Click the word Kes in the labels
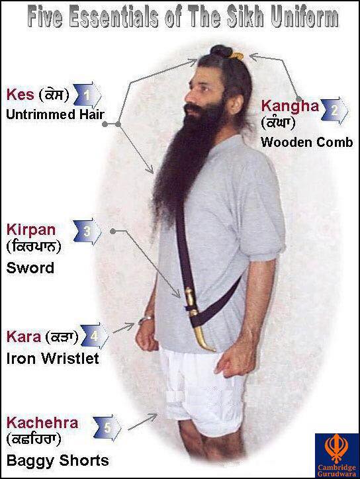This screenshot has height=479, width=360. point(20,95)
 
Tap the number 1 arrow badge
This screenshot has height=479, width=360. point(88,95)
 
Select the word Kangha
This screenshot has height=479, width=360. point(290,107)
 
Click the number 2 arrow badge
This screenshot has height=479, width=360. point(336,110)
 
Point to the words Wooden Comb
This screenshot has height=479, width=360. point(307,142)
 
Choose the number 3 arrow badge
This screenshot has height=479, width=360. point(87,232)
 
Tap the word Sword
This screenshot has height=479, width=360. point(30,268)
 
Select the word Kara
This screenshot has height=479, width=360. point(24,337)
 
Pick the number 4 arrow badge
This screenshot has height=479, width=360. point(95,336)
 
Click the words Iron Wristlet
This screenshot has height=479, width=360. point(52,359)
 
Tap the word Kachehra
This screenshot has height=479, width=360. point(42,423)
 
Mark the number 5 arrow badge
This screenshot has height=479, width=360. point(107,427)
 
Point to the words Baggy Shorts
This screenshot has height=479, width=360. point(58,460)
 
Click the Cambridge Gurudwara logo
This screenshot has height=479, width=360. point(337,455)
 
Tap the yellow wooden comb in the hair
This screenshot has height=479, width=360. point(237,56)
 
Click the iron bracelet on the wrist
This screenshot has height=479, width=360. point(145,320)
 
